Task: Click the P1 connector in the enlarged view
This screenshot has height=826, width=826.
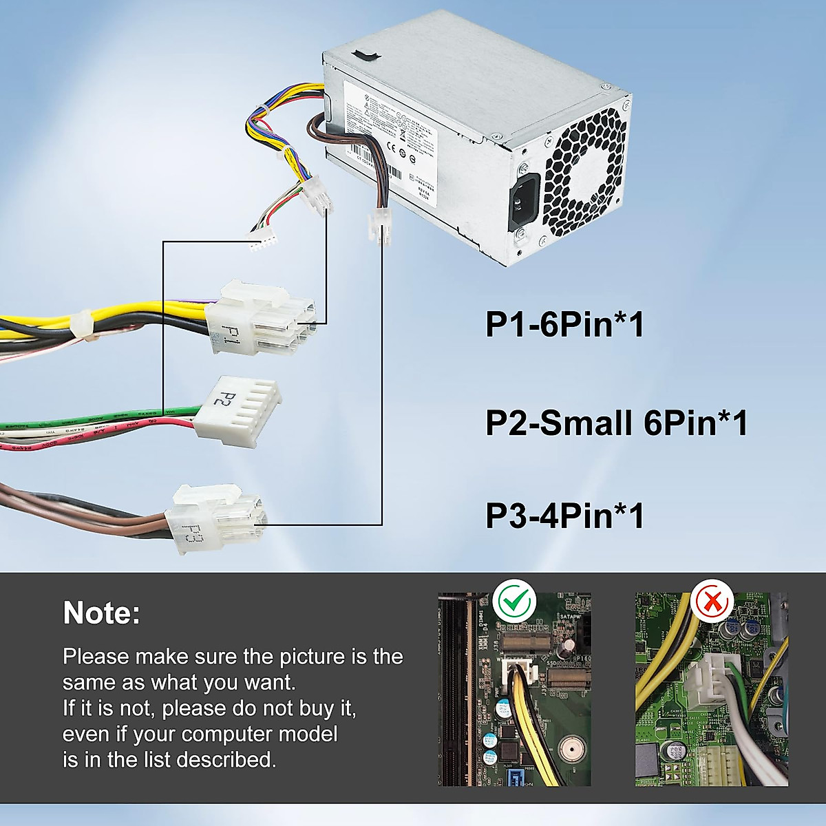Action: tap(262, 318)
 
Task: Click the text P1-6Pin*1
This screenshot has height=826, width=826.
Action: tap(564, 324)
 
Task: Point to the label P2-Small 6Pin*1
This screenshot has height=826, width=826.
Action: tap(616, 423)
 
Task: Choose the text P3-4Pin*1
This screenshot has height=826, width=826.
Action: tap(564, 516)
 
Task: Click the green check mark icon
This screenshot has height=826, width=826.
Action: tap(514, 601)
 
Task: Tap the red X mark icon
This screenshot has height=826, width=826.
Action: tap(712, 602)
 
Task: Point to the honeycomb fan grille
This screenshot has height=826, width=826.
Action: tap(585, 172)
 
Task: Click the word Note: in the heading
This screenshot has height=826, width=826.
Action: tap(101, 613)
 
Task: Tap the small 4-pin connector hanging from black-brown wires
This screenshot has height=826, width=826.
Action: tap(379, 224)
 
